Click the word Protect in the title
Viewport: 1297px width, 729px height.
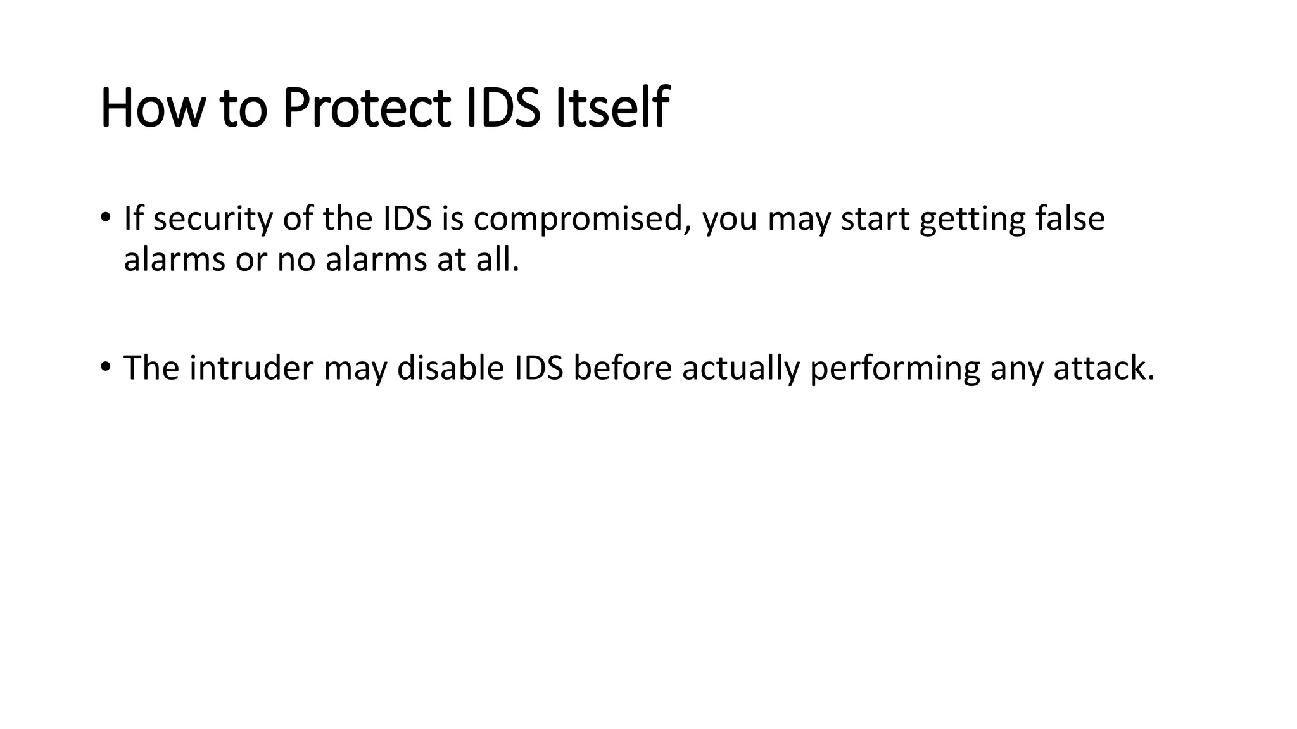pyautogui.click(x=366, y=108)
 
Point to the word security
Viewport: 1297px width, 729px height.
pyautogui.click(x=212, y=219)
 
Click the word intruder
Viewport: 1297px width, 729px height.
pyautogui.click(x=251, y=368)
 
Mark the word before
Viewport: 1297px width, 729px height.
pyautogui.click(x=622, y=368)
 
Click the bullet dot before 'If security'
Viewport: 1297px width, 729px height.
pyautogui.click(x=105, y=217)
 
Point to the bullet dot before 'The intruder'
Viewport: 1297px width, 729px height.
pyautogui.click(x=105, y=366)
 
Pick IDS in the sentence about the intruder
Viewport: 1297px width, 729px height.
pyautogui.click(x=538, y=368)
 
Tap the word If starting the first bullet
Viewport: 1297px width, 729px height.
pyautogui.click(x=133, y=219)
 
